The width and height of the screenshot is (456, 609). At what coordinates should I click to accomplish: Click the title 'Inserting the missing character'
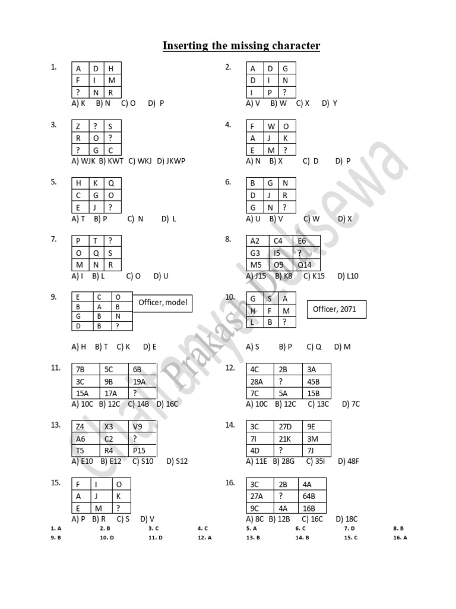point(241,46)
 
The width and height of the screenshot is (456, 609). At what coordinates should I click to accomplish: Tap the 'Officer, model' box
point(163,303)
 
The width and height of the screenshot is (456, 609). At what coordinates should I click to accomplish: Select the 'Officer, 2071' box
point(337,309)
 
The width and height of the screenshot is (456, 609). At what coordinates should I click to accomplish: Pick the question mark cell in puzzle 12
point(288,381)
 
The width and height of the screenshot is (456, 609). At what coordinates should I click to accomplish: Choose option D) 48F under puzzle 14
point(349,462)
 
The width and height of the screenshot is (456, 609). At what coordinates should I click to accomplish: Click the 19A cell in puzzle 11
point(142,381)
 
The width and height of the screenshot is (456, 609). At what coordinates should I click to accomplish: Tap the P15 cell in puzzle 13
point(142,451)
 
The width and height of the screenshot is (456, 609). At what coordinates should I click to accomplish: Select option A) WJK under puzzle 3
point(83,161)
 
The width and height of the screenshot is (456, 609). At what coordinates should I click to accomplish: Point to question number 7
point(53,239)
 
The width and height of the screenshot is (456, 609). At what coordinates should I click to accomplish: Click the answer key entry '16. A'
point(400,538)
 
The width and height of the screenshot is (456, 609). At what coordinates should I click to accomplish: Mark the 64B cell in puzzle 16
point(312,497)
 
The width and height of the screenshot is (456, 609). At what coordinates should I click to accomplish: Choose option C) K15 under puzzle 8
point(314,276)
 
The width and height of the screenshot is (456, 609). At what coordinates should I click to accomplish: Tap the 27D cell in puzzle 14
point(288,426)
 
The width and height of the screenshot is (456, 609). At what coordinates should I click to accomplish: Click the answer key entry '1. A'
point(56,528)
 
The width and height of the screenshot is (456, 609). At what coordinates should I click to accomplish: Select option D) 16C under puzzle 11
point(167,404)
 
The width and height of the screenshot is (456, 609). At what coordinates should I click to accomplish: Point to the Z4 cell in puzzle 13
point(85,426)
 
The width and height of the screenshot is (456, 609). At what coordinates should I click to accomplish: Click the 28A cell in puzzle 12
point(260,381)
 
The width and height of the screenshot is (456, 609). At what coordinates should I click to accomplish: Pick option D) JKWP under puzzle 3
point(171,161)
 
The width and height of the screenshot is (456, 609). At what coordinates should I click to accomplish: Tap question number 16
point(230,483)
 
